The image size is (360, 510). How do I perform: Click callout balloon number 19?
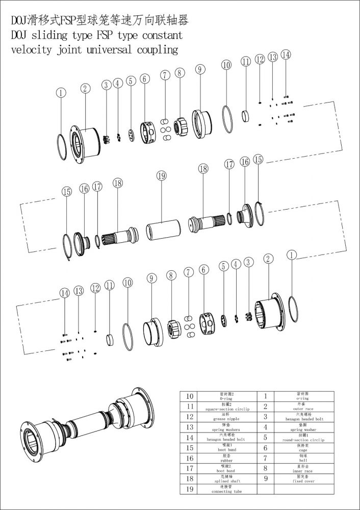[162, 176]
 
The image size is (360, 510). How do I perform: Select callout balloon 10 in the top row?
[226, 65]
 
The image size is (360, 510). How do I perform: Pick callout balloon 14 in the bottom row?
[64, 293]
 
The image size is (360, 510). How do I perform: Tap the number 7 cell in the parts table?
[265, 457]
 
